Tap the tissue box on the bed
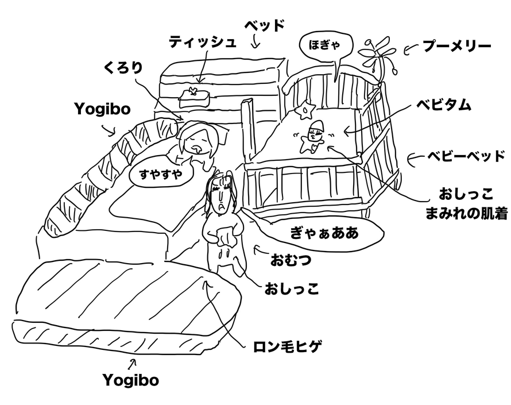click(194, 96)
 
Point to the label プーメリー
click(456, 45)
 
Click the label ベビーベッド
click(466, 156)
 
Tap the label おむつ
click(291, 260)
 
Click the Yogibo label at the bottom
click(131, 380)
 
